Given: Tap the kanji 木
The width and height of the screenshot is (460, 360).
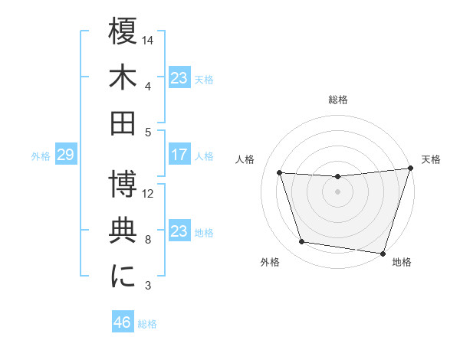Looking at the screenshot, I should (x=123, y=76).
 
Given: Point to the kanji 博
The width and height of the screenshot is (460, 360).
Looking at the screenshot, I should (x=123, y=185).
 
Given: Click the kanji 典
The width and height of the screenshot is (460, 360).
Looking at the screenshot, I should (x=123, y=231).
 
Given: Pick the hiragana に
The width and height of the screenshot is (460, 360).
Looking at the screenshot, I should (x=123, y=276).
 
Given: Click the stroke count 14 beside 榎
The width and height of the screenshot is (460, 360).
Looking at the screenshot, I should (x=149, y=39).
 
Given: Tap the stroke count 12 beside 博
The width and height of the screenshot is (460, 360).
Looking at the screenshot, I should (x=149, y=194).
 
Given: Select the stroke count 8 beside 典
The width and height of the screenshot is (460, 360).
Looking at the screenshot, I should (x=148, y=240).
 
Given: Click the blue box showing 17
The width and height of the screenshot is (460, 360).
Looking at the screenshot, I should (x=179, y=155).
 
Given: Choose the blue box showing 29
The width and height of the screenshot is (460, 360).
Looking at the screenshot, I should (x=65, y=155).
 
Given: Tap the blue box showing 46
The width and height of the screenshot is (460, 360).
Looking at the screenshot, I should (x=123, y=322).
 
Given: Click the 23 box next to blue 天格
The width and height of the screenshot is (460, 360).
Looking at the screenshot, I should (x=179, y=78).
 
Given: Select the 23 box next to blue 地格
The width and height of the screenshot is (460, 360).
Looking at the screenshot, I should (x=179, y=232).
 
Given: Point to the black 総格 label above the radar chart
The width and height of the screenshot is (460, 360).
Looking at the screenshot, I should (x=337, y=100).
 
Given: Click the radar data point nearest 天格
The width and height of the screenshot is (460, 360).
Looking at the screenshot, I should (x=409, y=169).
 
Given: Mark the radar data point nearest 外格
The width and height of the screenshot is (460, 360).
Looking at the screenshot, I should (x=301, y=242).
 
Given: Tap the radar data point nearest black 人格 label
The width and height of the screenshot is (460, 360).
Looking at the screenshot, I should (x=280, y=172).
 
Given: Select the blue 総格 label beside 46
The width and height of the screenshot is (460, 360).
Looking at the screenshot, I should (x=147, y=323).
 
